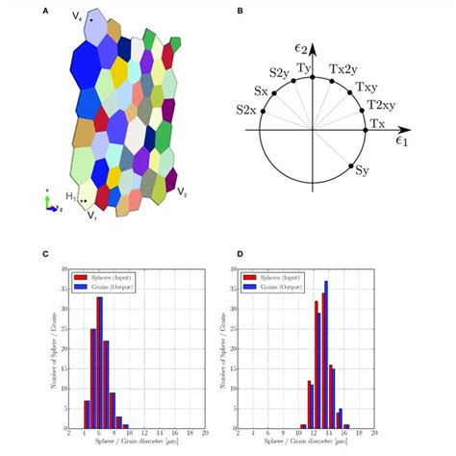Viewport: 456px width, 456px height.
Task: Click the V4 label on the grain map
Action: pyautogui.click(x=78, y=16)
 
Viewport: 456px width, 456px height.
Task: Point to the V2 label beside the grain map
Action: pyautogui.click(x=183, y=192)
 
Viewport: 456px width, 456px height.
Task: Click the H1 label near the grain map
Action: pyautogui.click(x=71, y=197)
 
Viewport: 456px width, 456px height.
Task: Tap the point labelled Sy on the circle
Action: pyautogui.click(x=363, y=174)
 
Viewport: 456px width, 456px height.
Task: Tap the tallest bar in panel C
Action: pyautogui.click(x=99, y=362)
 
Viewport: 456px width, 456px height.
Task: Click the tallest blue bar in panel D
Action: pyautogui.click(x=326, y=355)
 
